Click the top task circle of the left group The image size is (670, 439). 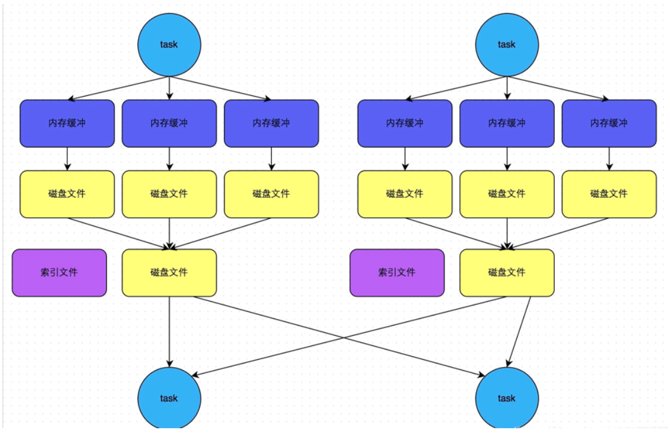pyautogui.click(x=169, y=44)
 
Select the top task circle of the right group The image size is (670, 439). pyautogui.click(x=507, y=44)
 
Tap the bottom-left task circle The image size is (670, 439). pyautogui.click(x=169, y=398)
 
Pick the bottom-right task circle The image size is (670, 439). pyautogui.click(x=507, y=398)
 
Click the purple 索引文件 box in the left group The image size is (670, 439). pyautogui.click(x=59, y=273)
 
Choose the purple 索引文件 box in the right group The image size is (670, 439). pyautogui.click(x=397, y=273)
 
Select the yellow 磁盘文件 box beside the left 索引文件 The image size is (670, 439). pyautogui.click(x=169, y=273)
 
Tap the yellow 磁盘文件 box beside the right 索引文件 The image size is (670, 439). pyautogui.click(x=507, y=273)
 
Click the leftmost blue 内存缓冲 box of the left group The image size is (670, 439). pyautogui.click(x=67, y=123)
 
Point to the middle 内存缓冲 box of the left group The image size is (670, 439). pyautogui.click(x=169, y=123)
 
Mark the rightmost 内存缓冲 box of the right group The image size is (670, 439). pyautogui.click(x=609, y=123)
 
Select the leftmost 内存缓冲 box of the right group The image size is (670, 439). pyautogui.click(x=405, y=123)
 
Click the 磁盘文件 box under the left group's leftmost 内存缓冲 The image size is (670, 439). pyautogui.click(x=67, y=194)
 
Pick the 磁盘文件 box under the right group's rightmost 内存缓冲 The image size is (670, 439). pyautogui.click(x=609, y=194)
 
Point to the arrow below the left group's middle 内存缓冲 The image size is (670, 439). pyautogui.click(x=169, y=159)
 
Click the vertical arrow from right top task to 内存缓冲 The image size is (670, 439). pyautogui.click(x=507, y=88)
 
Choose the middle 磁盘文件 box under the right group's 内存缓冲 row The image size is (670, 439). pyautogui.click(x=507, y=194)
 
